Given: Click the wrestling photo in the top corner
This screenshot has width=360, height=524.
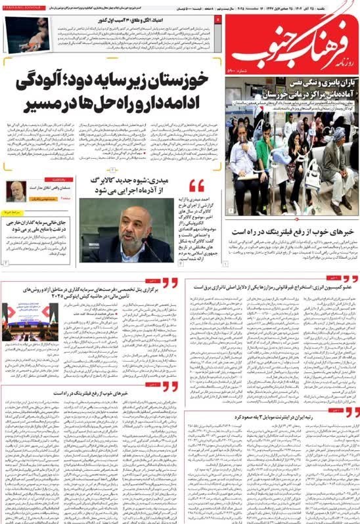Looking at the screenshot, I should pyautogui.click(x=30, y=35).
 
